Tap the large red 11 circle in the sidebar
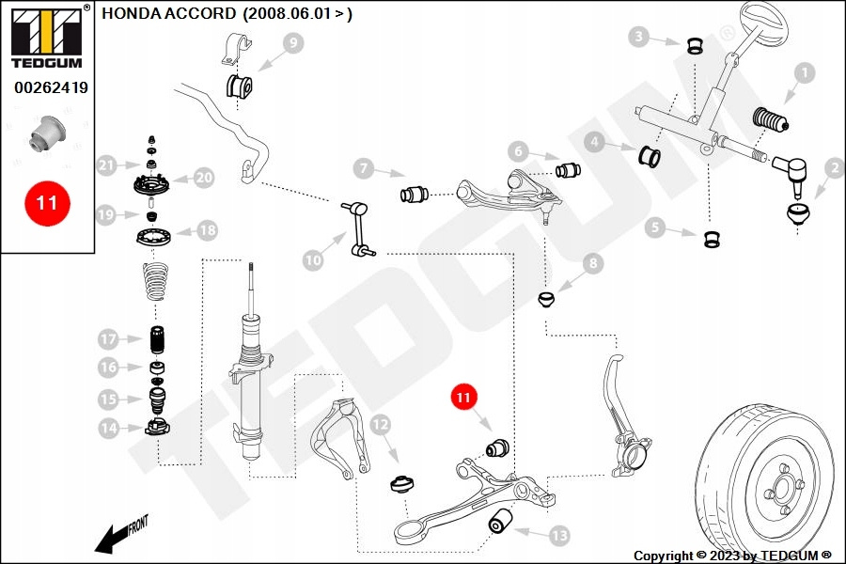46,202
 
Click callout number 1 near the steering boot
804,71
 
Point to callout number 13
558,536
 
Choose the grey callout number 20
204,177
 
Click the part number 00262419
51,88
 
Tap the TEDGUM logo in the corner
45,38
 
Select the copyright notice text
732,556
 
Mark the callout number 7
364,169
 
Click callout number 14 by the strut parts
110,430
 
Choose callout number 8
592,264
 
